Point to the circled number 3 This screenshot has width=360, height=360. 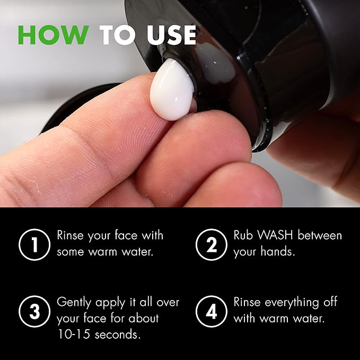34,311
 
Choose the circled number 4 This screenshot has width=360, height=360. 211,311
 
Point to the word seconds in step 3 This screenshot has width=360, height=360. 118,335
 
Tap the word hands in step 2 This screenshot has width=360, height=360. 278,251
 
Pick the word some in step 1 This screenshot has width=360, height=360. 71,251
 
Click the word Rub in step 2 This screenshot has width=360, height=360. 244,235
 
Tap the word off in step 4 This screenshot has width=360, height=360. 329,302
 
